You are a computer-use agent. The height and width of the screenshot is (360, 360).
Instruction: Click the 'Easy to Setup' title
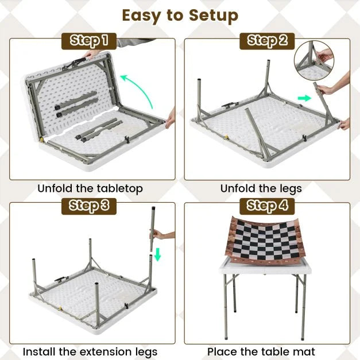click(x=180, y=16)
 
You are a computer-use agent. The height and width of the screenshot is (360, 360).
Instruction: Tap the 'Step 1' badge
click(x=89, y=40)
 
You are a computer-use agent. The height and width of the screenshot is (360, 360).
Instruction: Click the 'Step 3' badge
click(x=89, y=206)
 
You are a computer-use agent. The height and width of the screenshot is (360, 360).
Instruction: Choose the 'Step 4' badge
click(x=268, y=206)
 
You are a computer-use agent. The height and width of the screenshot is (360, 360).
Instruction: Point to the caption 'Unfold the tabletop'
click(x=90, y=188)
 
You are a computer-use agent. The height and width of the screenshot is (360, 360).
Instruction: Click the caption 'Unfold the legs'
click(x=261, y=188)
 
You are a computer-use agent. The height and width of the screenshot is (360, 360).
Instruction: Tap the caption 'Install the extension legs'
click(x=90, y=351)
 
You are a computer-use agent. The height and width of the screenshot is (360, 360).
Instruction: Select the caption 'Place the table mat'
click(x=261, y=351)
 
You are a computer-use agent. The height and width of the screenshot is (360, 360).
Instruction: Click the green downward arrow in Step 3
click(x=157, y=254)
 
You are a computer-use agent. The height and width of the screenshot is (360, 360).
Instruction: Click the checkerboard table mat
click(x=261, y=241)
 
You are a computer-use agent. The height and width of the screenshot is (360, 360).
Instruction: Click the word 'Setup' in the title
click(x=210, y=16)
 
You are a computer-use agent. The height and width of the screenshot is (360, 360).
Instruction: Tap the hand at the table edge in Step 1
click(x=170, y=119)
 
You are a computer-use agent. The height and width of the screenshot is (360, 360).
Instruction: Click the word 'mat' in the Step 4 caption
click(x=303, y=351)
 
